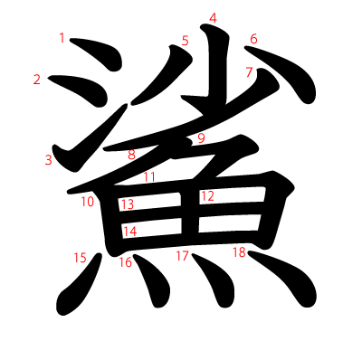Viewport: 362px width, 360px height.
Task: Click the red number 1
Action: pos(62,38)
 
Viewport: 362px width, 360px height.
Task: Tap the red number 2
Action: pos(37,80)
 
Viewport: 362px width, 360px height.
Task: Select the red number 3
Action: pos(48,160)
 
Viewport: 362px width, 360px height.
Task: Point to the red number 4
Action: pos(213,18)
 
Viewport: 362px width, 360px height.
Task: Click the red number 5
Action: pos(185,41)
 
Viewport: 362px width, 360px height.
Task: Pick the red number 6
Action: pos(253,39)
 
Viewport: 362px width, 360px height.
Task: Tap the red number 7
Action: pos(249,72)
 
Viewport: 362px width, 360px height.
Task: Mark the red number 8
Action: pos(131,155)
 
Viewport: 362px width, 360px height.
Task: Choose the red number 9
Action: pos(201,138)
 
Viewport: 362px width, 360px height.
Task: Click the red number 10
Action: pos(87,202)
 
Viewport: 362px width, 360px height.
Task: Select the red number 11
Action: pos(149,177)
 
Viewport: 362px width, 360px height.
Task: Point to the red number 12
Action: pos(207,195)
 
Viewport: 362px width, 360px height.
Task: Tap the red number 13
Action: pos(128,204)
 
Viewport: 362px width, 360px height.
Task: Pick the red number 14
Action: pos(129,232)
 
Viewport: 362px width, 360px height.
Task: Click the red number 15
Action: pos(80,258)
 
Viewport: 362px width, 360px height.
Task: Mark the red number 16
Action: pos(125,263)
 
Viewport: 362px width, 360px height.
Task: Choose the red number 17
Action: pos(182,256)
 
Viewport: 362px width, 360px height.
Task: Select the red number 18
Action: pos(239,252)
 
